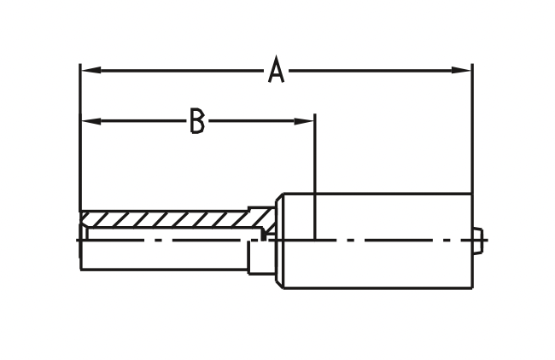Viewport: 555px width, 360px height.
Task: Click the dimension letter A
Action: [x=276, y=70]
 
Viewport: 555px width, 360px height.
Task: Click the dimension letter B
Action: [x=197, y=121]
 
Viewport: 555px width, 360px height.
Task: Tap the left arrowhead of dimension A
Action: [x=91, y=70]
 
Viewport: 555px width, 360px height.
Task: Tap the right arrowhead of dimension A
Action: [x=461, y=70]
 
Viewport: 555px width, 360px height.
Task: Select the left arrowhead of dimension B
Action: [x=91, y=121]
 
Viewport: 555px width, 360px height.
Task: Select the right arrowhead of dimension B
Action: [x=305, y=121]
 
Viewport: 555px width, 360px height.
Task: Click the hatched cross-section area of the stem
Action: [x=173, y=219]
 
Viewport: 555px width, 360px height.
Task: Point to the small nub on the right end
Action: [x=478, y=240]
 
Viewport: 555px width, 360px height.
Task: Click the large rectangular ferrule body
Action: [x=377, y=241]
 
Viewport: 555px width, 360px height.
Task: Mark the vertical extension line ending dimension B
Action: [x=315, y=177]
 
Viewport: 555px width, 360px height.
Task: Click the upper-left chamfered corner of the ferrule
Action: [x=279, y=198]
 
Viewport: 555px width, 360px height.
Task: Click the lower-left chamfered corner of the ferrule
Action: [x=279, y=283]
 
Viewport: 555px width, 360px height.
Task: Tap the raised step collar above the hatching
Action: [x=261, y=209]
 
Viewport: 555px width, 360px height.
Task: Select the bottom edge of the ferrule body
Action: [x=377, y=288]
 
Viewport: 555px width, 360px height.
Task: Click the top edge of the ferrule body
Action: [x=377, y=194]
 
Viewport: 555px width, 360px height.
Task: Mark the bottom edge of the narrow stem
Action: [x=164, y=270]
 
